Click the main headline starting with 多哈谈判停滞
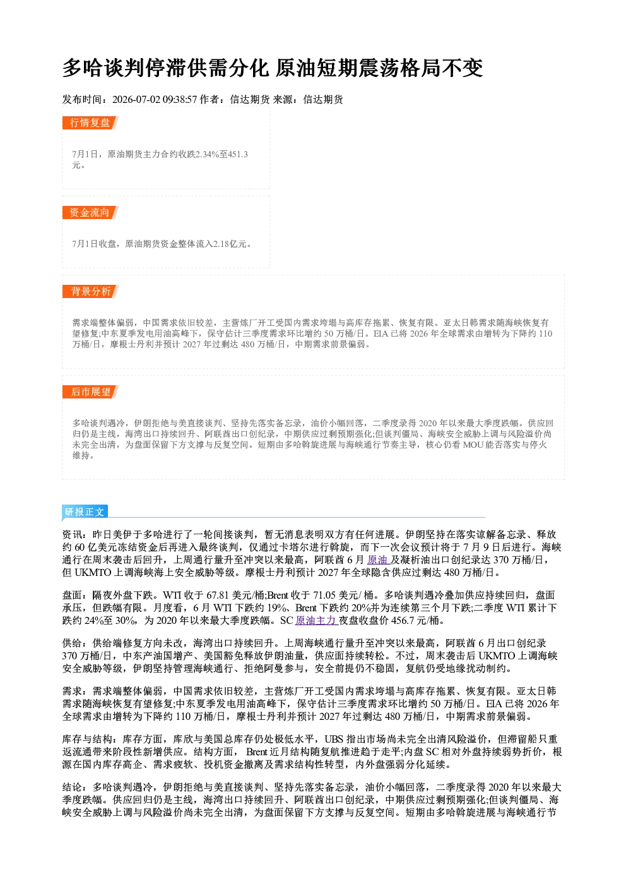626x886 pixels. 272,68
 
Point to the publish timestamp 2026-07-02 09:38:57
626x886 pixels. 155,99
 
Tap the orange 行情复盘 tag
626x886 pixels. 90,123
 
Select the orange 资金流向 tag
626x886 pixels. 90,212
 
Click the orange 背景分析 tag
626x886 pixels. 90,292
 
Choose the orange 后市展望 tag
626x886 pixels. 90,392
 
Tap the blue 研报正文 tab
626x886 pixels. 85,512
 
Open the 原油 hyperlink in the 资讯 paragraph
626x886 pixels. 377,560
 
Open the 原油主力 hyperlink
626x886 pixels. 316,621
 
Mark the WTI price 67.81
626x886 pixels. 217,596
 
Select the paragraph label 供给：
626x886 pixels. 77,644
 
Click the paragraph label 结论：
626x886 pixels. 77,787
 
